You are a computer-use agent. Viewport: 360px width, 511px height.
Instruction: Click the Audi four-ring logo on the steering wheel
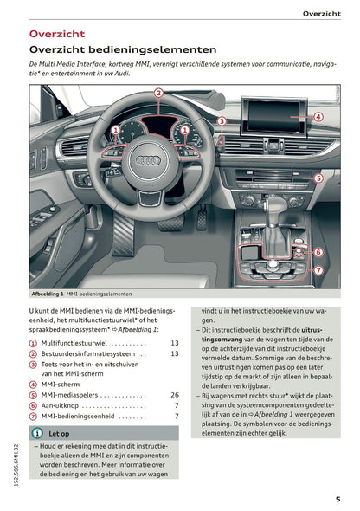click(149, 160)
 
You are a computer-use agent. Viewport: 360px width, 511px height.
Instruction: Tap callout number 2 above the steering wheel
click(158, 94)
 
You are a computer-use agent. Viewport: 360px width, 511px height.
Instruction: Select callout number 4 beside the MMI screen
click(318, 117)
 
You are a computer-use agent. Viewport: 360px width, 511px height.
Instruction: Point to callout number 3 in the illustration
click(222, 121)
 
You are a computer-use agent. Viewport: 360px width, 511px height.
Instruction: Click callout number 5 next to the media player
click(318, 178)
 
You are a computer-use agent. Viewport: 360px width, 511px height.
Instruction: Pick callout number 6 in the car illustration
click(318, 252)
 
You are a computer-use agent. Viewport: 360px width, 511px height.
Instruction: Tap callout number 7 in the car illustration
click(318, 270)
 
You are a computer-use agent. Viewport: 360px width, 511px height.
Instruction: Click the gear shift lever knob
click(275, 206)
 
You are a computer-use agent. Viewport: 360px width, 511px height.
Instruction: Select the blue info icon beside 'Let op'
click(37, 433)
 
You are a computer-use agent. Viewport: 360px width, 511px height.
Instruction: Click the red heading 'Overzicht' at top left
click(57, 34)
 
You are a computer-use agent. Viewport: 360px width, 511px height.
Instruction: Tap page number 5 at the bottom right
click(337, 499)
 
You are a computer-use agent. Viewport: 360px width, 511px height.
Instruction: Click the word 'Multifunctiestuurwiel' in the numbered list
click(74, 343)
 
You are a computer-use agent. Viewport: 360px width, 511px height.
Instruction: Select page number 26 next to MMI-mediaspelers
click(175, 395)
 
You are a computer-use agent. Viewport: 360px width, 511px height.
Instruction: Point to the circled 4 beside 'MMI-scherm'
click(33, 385)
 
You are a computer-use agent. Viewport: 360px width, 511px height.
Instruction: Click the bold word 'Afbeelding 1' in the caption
click(48, 294)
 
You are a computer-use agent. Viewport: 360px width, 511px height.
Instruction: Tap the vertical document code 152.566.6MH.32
click(16, 465)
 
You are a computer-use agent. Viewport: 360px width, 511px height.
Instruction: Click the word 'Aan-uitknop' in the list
click(60, 405)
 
